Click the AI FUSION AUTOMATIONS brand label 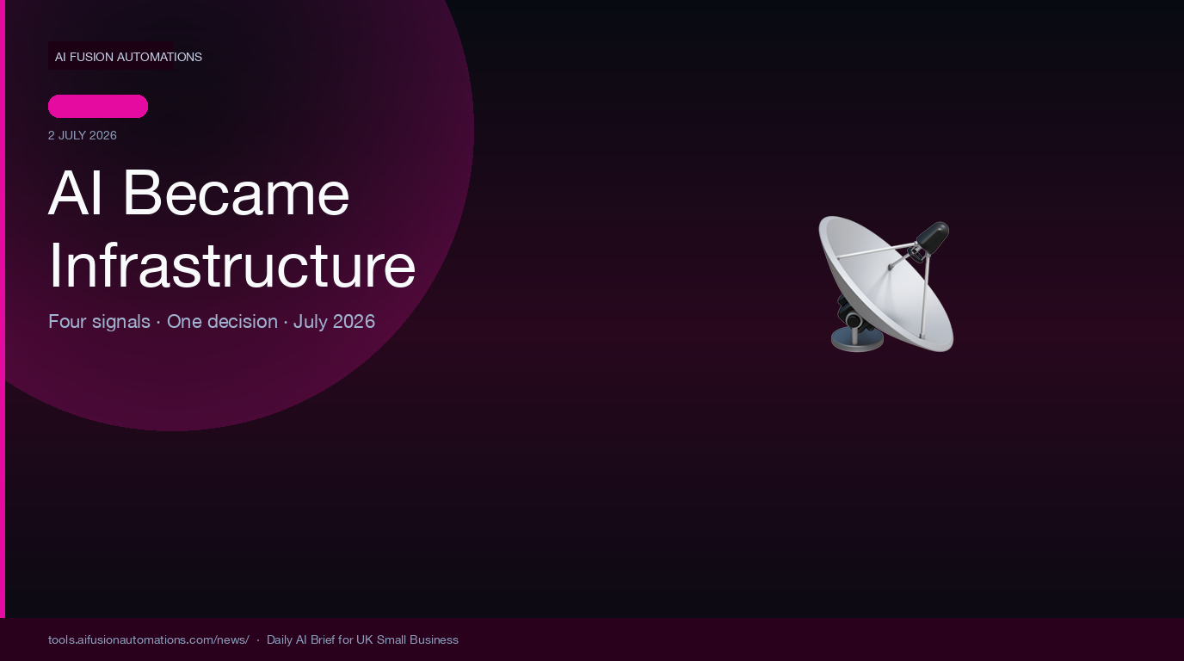(128, 57)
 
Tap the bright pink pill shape (98, 106)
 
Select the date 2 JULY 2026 (83, 135)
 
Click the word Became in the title (236, 193)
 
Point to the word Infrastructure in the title (232, 265)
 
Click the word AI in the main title (75, 193)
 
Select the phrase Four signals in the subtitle (99, 322)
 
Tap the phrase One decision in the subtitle (222, 322)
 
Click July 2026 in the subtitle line (334, 322)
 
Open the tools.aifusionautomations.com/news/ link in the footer (149, 639)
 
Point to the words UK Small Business (407, 639)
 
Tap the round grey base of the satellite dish (857, 339)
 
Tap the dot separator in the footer (258, 639)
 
